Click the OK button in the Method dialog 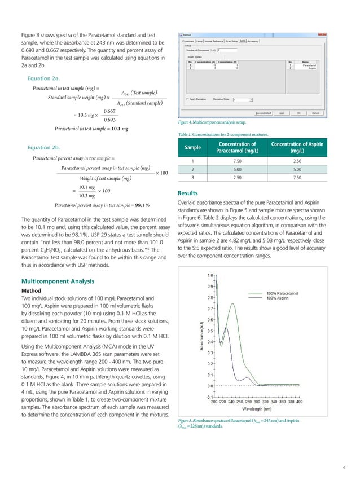click(298, 113)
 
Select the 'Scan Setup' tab click(232, 41)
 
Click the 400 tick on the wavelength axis click(299, 402)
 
